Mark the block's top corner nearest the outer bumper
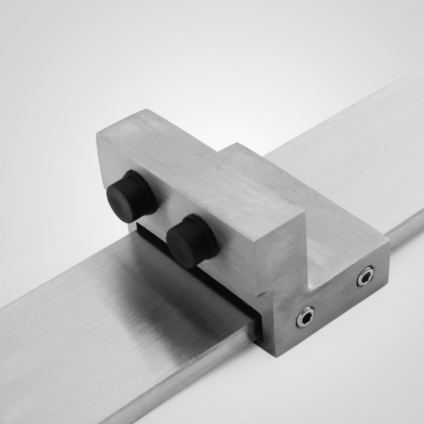97,135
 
